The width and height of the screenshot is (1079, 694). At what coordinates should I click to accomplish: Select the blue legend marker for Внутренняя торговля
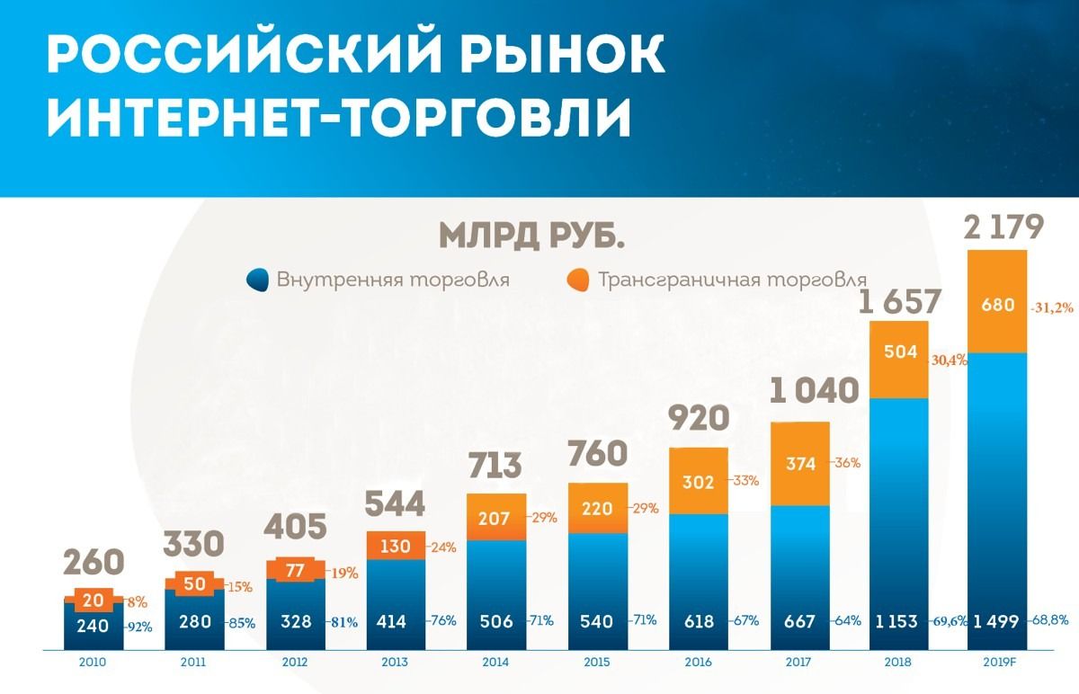[257, 280]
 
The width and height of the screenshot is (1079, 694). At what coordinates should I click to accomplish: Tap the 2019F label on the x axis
[997, 662]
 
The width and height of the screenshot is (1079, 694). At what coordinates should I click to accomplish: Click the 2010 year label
[93, 662]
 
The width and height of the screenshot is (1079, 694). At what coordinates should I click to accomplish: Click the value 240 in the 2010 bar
[93, 625]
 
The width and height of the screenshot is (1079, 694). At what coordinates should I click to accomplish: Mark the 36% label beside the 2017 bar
[848, 463]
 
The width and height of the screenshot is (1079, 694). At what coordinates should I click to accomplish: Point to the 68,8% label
[1055, 620]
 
